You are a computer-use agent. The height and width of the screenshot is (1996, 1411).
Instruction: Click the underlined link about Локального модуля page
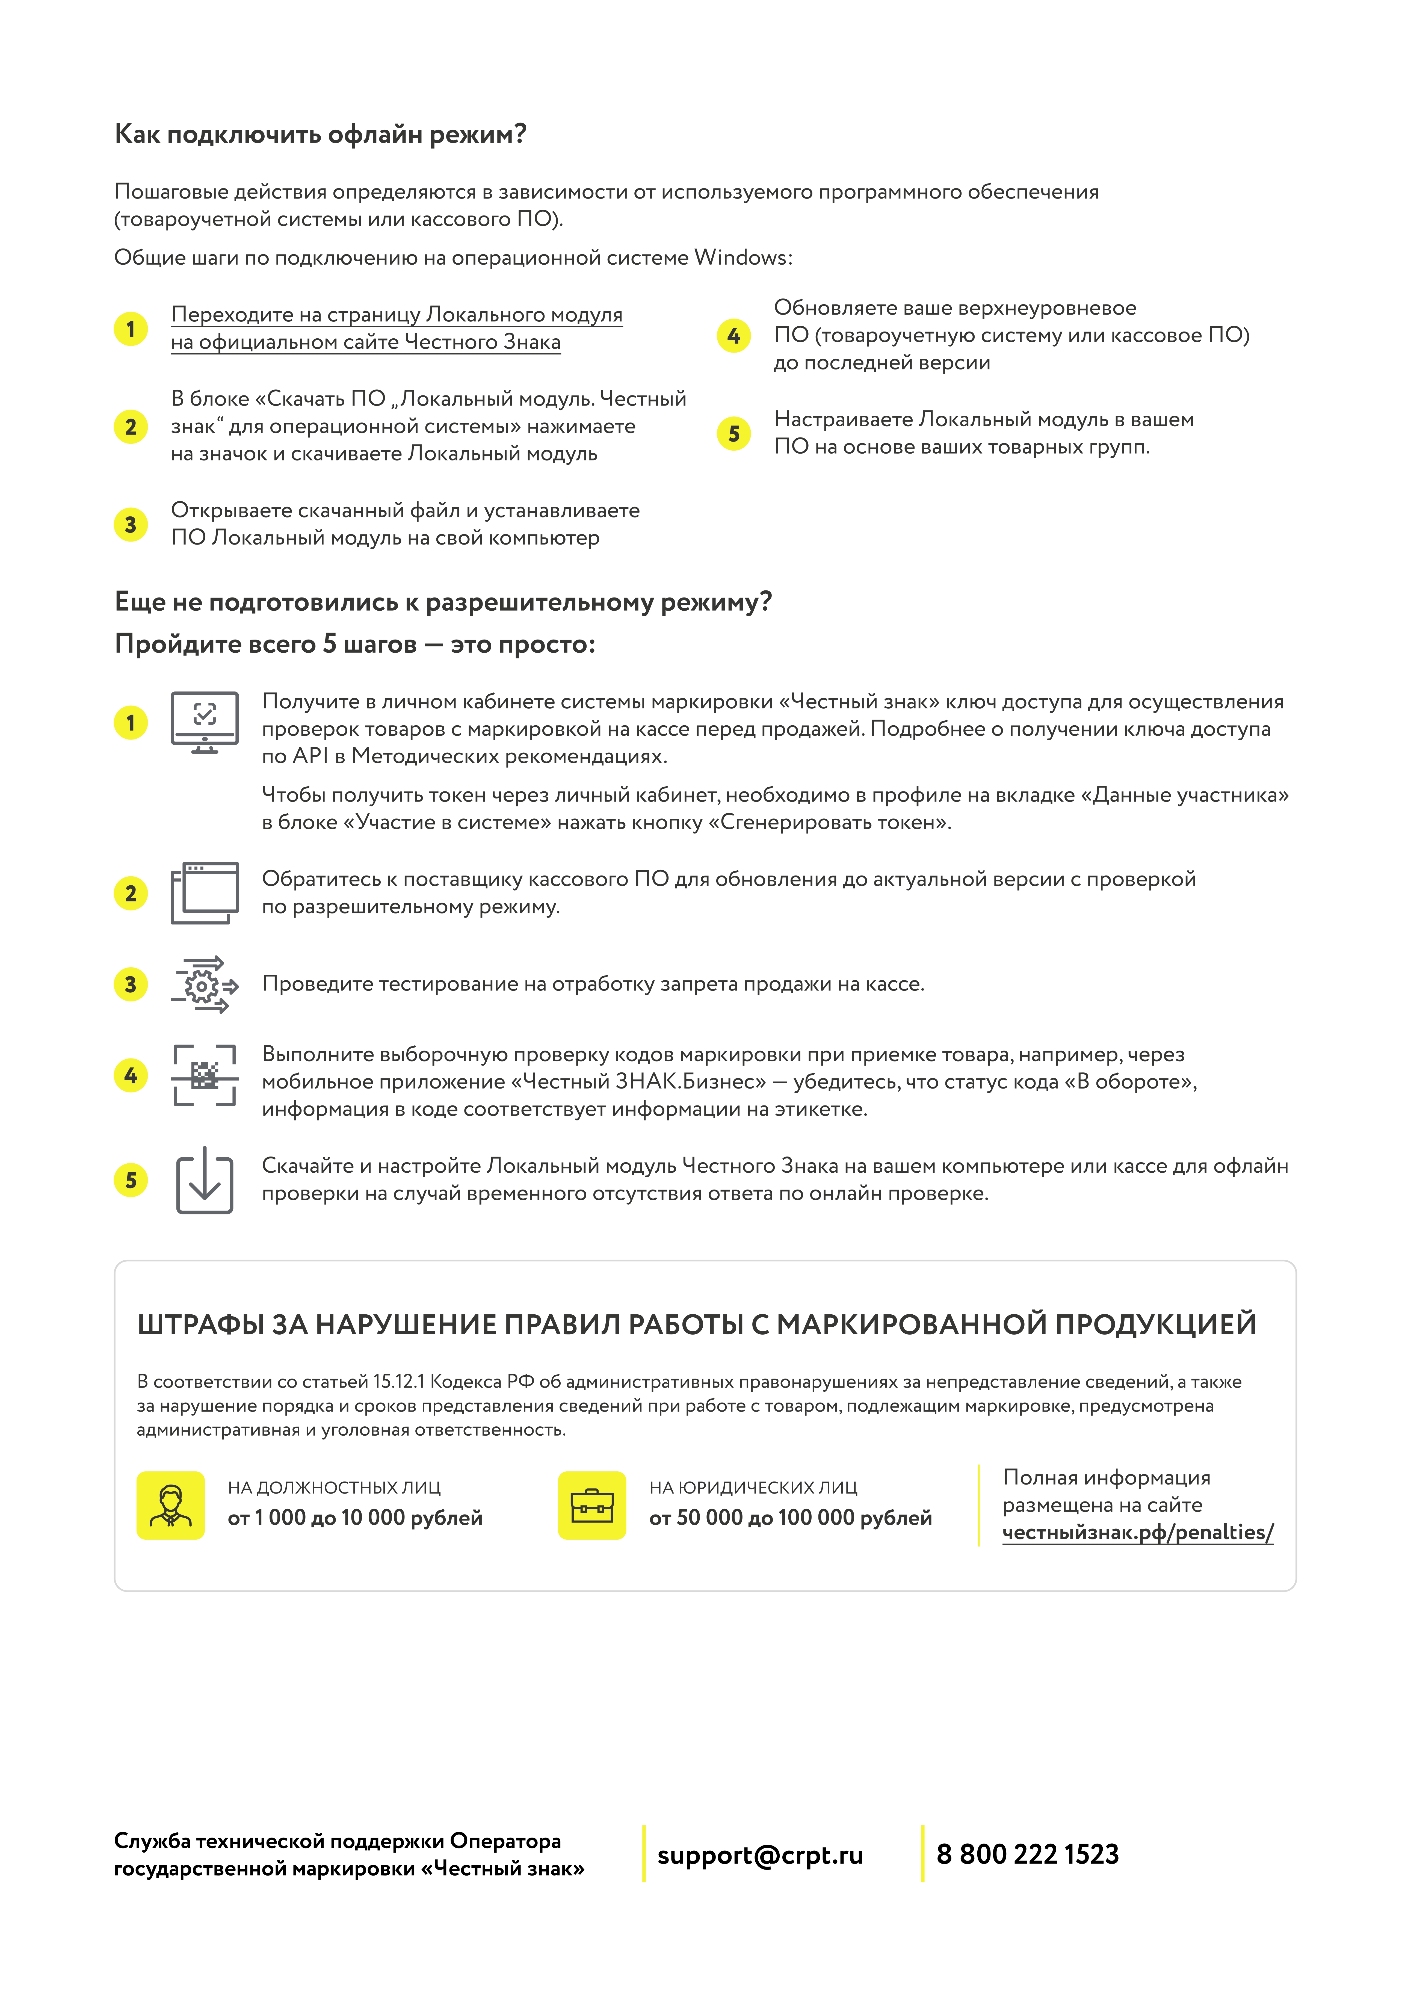click(x=397, y=328)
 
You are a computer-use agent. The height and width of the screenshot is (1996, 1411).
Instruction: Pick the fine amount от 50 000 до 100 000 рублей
click(x=790, y=1518)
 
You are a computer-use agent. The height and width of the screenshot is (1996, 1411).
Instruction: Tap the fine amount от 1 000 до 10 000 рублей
click(x=355, y=1518)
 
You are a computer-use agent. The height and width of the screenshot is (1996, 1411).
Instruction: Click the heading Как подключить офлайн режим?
click(x=321, y=135)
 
